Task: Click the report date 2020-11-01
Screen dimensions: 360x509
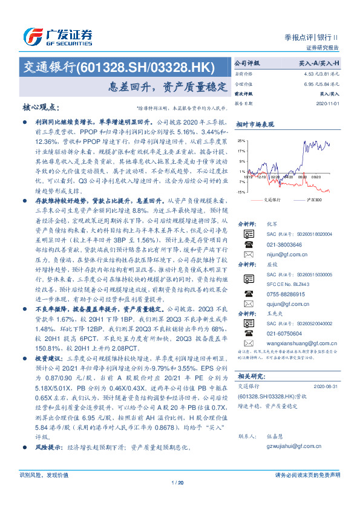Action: pos(328,103)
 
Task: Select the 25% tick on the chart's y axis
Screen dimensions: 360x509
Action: pos(241,139)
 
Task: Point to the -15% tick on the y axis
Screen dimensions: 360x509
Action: pos(240,192)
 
